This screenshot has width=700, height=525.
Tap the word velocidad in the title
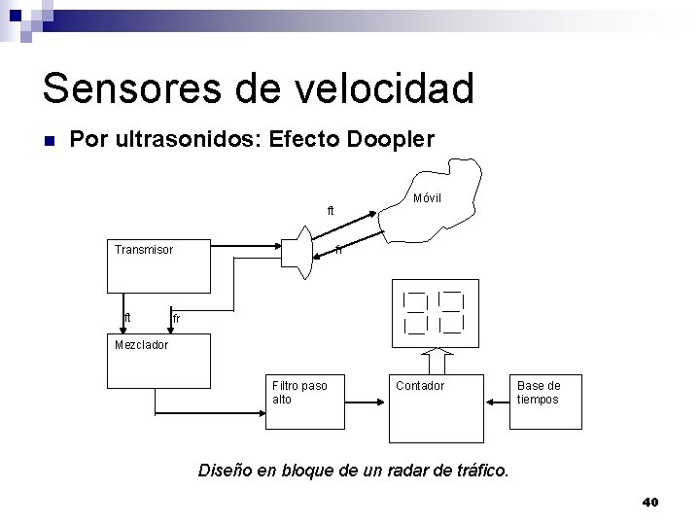(392, 87)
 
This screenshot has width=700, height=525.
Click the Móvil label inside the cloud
(427, 198)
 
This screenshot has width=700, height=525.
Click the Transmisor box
(157, 265)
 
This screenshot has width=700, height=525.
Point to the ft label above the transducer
(331, 211)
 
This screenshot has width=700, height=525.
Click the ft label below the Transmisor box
(127, 318)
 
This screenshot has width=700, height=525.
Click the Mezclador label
(141, 344)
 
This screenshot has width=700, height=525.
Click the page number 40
(650, 502)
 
